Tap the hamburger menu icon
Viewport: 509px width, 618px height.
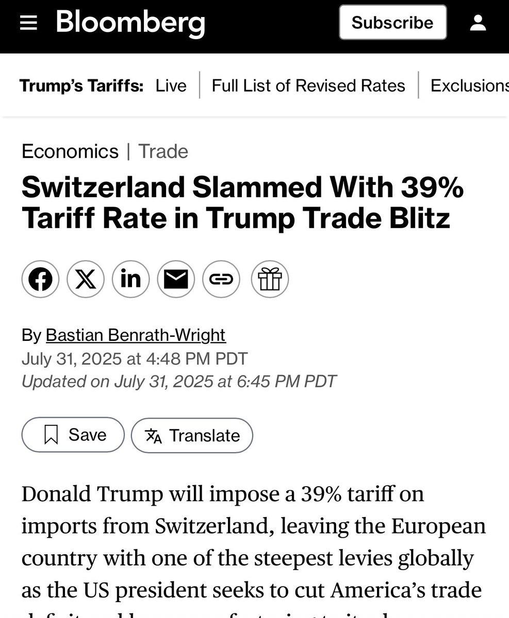28,23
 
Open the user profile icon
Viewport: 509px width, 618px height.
479,23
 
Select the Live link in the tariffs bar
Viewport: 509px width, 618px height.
171,85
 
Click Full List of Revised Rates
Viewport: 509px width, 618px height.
308,85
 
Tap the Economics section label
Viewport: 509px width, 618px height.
70,151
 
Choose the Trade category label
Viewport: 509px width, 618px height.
163,151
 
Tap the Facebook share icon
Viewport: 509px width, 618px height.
40,280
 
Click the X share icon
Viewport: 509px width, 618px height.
86,280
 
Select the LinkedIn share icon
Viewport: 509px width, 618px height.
131,280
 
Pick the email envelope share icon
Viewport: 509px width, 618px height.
176,280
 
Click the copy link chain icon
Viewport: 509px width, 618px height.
221,280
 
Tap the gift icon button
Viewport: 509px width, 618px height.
270,280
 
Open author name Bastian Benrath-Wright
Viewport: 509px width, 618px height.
136,336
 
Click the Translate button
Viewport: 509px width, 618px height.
192,436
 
